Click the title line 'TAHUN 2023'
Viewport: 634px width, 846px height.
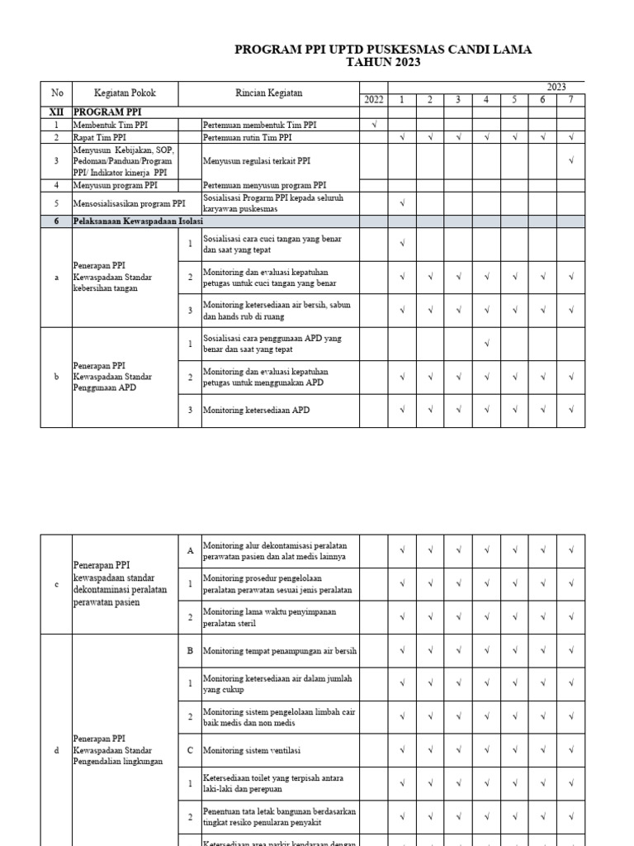(x=383, y=63)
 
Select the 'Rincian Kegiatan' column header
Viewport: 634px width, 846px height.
(x=269, y=93)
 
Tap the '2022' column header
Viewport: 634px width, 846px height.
(x=374, y=100)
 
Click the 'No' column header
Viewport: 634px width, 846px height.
(x=56, y=93)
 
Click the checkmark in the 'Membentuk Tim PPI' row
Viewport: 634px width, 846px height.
(x=374, y=125)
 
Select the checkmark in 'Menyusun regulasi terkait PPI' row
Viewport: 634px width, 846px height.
(x=571, y=161)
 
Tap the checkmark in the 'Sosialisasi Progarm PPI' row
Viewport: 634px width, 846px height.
(x=402, y=203)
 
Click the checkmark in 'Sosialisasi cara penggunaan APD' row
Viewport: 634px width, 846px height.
(x=487, y=343)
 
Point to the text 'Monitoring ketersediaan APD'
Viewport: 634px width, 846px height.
(x=257, y=410)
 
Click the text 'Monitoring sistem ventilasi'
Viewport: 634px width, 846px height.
(x=252, y=750)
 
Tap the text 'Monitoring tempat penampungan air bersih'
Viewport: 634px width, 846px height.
(x=280, y=651)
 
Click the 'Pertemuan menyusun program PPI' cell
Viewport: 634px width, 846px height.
(x=264, y=185)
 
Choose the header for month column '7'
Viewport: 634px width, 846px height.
(x=571, y=100)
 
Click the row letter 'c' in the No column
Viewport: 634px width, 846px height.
(x=56, y=584)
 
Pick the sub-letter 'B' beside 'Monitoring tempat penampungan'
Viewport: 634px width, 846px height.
(x=190, y=651)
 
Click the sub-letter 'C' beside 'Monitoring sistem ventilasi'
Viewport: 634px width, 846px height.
(x=190, y=750)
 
